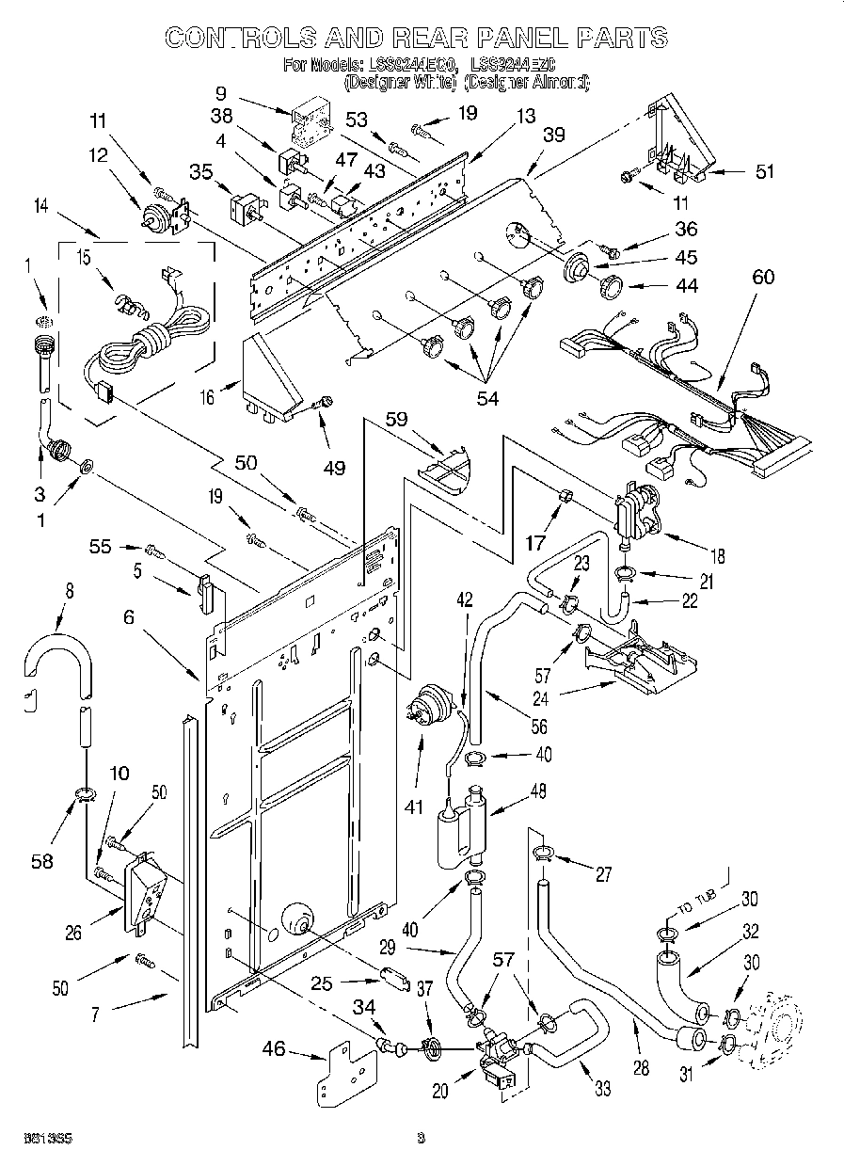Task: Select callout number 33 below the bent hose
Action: (602, 1091)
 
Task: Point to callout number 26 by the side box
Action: (73, 933)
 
